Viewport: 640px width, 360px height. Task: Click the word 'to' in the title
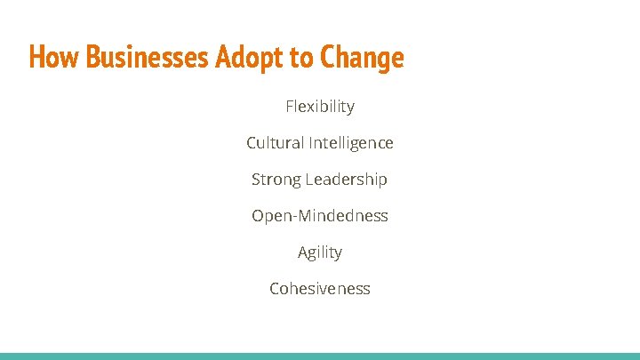[300, 59]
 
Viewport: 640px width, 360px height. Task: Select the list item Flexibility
[320, 107]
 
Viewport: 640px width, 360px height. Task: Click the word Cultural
[276, 143]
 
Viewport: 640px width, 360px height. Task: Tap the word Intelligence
[351, 143]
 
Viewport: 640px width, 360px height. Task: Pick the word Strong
[276, 180]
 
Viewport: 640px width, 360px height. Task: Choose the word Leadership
[347, 180]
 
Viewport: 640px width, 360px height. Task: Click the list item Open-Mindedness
[320, 216]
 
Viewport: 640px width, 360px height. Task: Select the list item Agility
[320, 252]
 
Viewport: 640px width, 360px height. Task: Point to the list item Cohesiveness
[320, 289]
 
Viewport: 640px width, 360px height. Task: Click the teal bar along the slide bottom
[320, 356]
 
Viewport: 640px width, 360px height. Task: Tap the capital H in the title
[36, 58]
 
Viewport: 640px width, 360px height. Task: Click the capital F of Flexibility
[290, 107]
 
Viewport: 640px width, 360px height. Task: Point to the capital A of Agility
[303, 252]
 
